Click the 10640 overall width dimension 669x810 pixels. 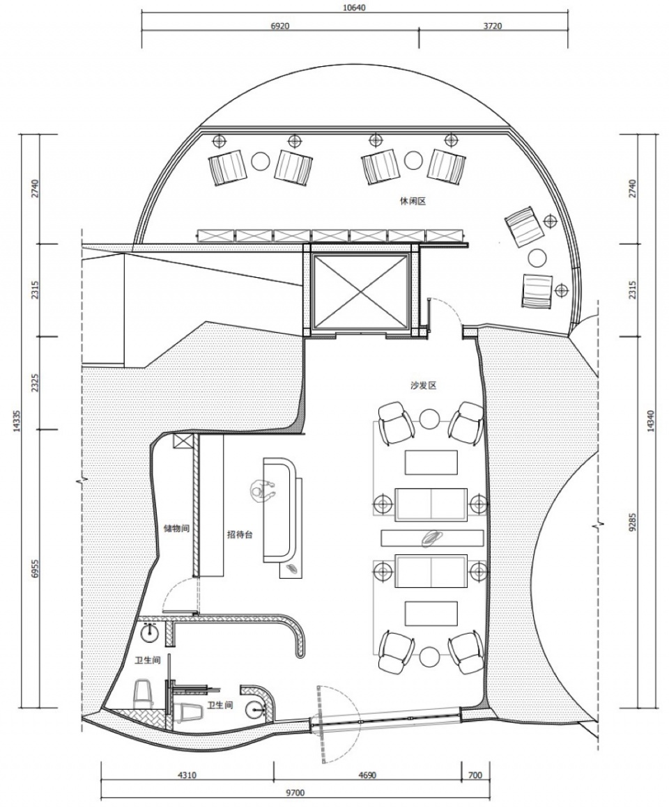(354, 7)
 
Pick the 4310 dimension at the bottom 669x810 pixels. (187, 775)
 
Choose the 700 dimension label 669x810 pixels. (475, 775)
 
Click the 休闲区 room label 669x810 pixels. (413, 201)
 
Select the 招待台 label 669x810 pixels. (240, 535)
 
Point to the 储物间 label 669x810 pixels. (176, 529)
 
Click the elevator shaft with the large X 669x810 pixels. (360, 291)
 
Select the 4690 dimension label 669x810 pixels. (367, 775)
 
